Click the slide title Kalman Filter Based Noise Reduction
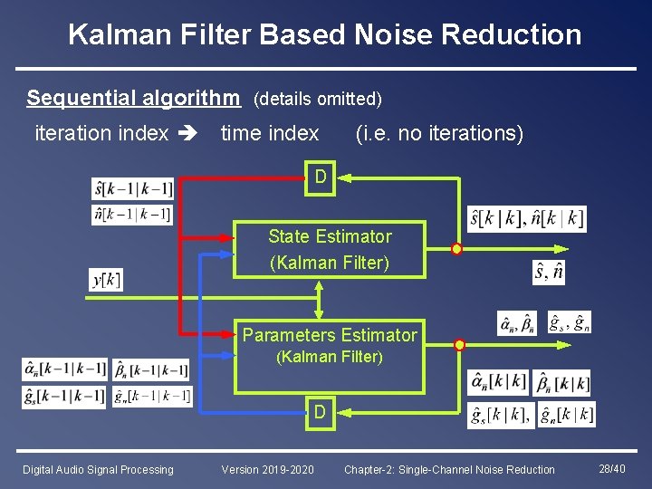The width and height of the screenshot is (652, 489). [x=325, y=34]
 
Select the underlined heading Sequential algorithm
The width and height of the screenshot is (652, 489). [x=133, y=97]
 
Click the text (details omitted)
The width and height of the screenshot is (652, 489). [x=317, y=98]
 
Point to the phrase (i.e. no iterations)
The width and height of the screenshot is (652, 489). [x=439, y=134]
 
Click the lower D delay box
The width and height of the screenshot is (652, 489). [x=321, y=412]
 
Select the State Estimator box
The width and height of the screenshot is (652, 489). [x=330, y=249]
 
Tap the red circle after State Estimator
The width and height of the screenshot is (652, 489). [x=456, y=249]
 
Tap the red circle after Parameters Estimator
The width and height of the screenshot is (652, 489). [x=459, y=345]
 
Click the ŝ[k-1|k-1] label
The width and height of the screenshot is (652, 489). [x=132, y=189]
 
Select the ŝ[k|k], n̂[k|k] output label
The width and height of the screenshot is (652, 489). [x=526, y=218]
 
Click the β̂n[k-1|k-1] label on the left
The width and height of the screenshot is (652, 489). [x=151, y=369]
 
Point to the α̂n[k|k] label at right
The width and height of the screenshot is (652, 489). [x=497, y=381]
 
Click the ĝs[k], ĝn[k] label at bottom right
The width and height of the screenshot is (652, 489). [x=531, y=415]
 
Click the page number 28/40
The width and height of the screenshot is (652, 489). [x=611, y=468]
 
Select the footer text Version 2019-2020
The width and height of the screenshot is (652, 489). [x=268, y=469]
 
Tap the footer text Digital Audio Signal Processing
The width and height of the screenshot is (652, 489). [x=98, y=469]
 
